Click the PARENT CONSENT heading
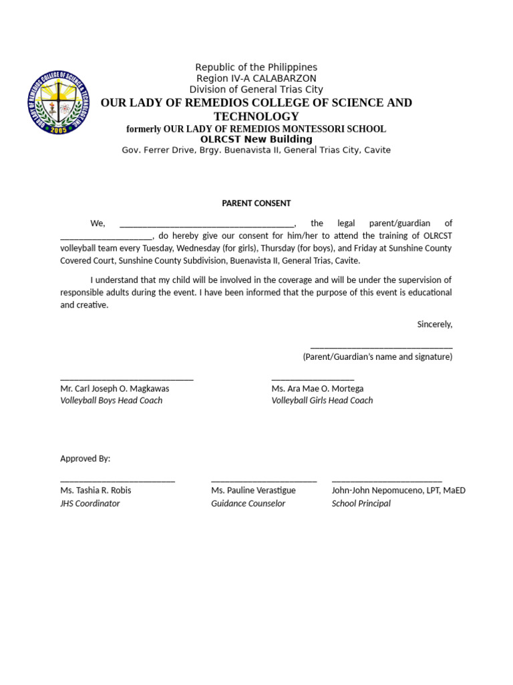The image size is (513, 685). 256,203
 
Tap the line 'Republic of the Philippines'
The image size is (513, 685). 256,68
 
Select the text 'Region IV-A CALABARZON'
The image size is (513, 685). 256,78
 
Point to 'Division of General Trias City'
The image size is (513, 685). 256,90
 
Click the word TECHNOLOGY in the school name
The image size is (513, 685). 256,116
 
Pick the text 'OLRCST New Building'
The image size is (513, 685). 256,139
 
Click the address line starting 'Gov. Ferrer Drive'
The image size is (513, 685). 256,151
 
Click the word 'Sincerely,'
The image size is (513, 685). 434,324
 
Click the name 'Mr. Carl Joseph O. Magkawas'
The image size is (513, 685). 115,389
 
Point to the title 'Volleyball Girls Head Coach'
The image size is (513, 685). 322,401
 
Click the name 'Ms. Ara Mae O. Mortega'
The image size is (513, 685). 317,389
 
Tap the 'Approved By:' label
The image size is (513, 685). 85,459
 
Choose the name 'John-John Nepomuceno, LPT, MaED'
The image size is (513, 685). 398,490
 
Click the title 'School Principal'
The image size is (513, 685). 361,504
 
